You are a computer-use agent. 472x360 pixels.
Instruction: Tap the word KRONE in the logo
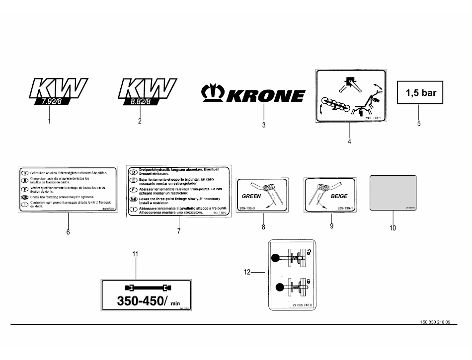point(267,95)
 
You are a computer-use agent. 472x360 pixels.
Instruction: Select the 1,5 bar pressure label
point(421,93)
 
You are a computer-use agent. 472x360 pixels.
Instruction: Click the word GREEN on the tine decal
point(251,196)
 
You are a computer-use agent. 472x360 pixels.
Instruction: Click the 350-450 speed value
point(141,301)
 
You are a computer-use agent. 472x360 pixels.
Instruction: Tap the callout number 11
point(135,254)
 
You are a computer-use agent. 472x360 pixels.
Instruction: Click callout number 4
point(350,142)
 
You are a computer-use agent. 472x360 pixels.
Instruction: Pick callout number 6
point(68,232)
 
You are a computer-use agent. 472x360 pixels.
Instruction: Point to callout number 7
point(178,231)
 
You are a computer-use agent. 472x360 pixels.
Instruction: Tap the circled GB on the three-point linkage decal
point(133,199)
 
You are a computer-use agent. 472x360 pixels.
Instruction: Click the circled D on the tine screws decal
point(24,172)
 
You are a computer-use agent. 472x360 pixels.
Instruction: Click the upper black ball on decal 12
point(276,258)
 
